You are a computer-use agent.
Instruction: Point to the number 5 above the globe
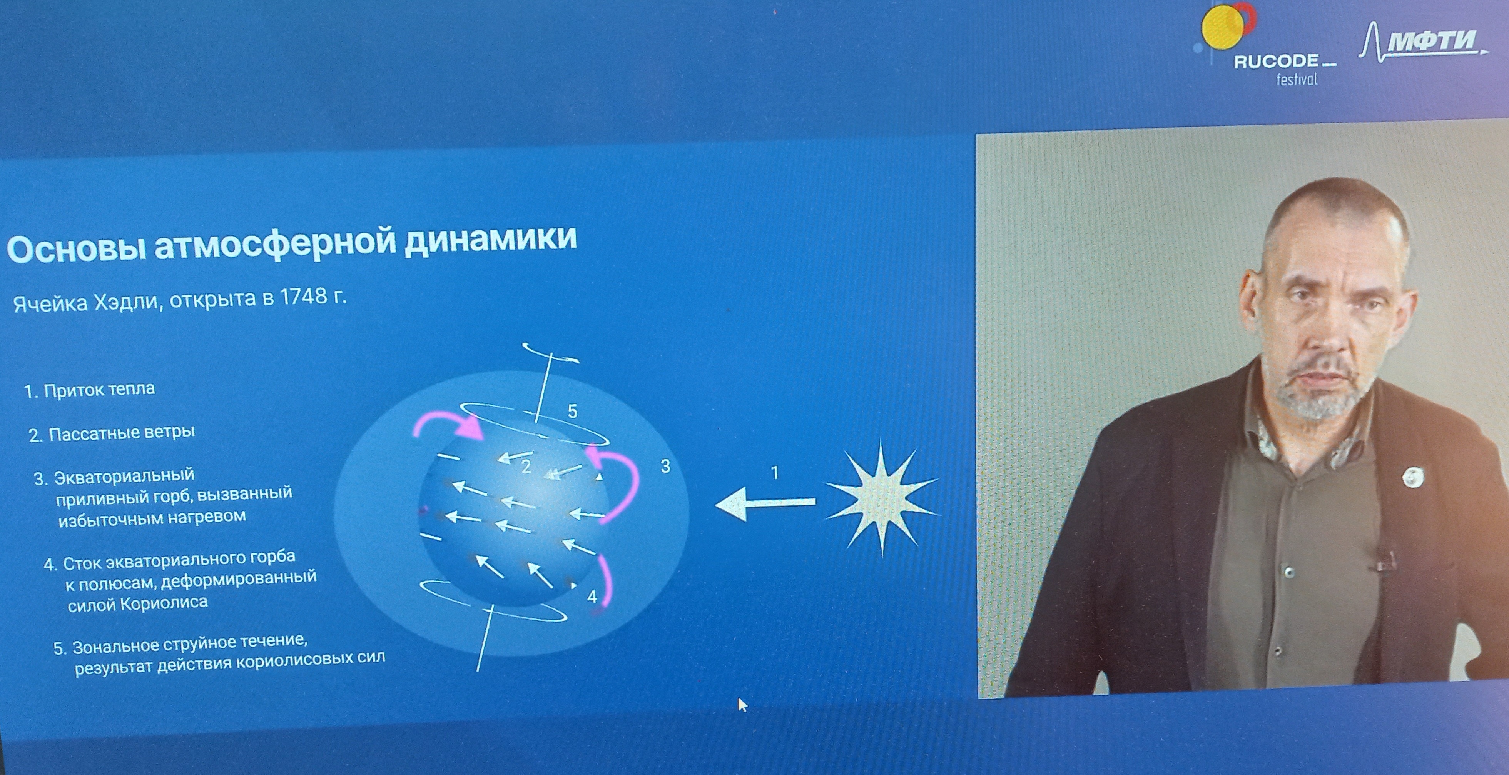(x=572, y=412)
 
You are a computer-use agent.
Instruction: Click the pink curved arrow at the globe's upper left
(x=448, y=423)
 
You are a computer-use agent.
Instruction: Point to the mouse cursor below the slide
(x=742, y=704)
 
